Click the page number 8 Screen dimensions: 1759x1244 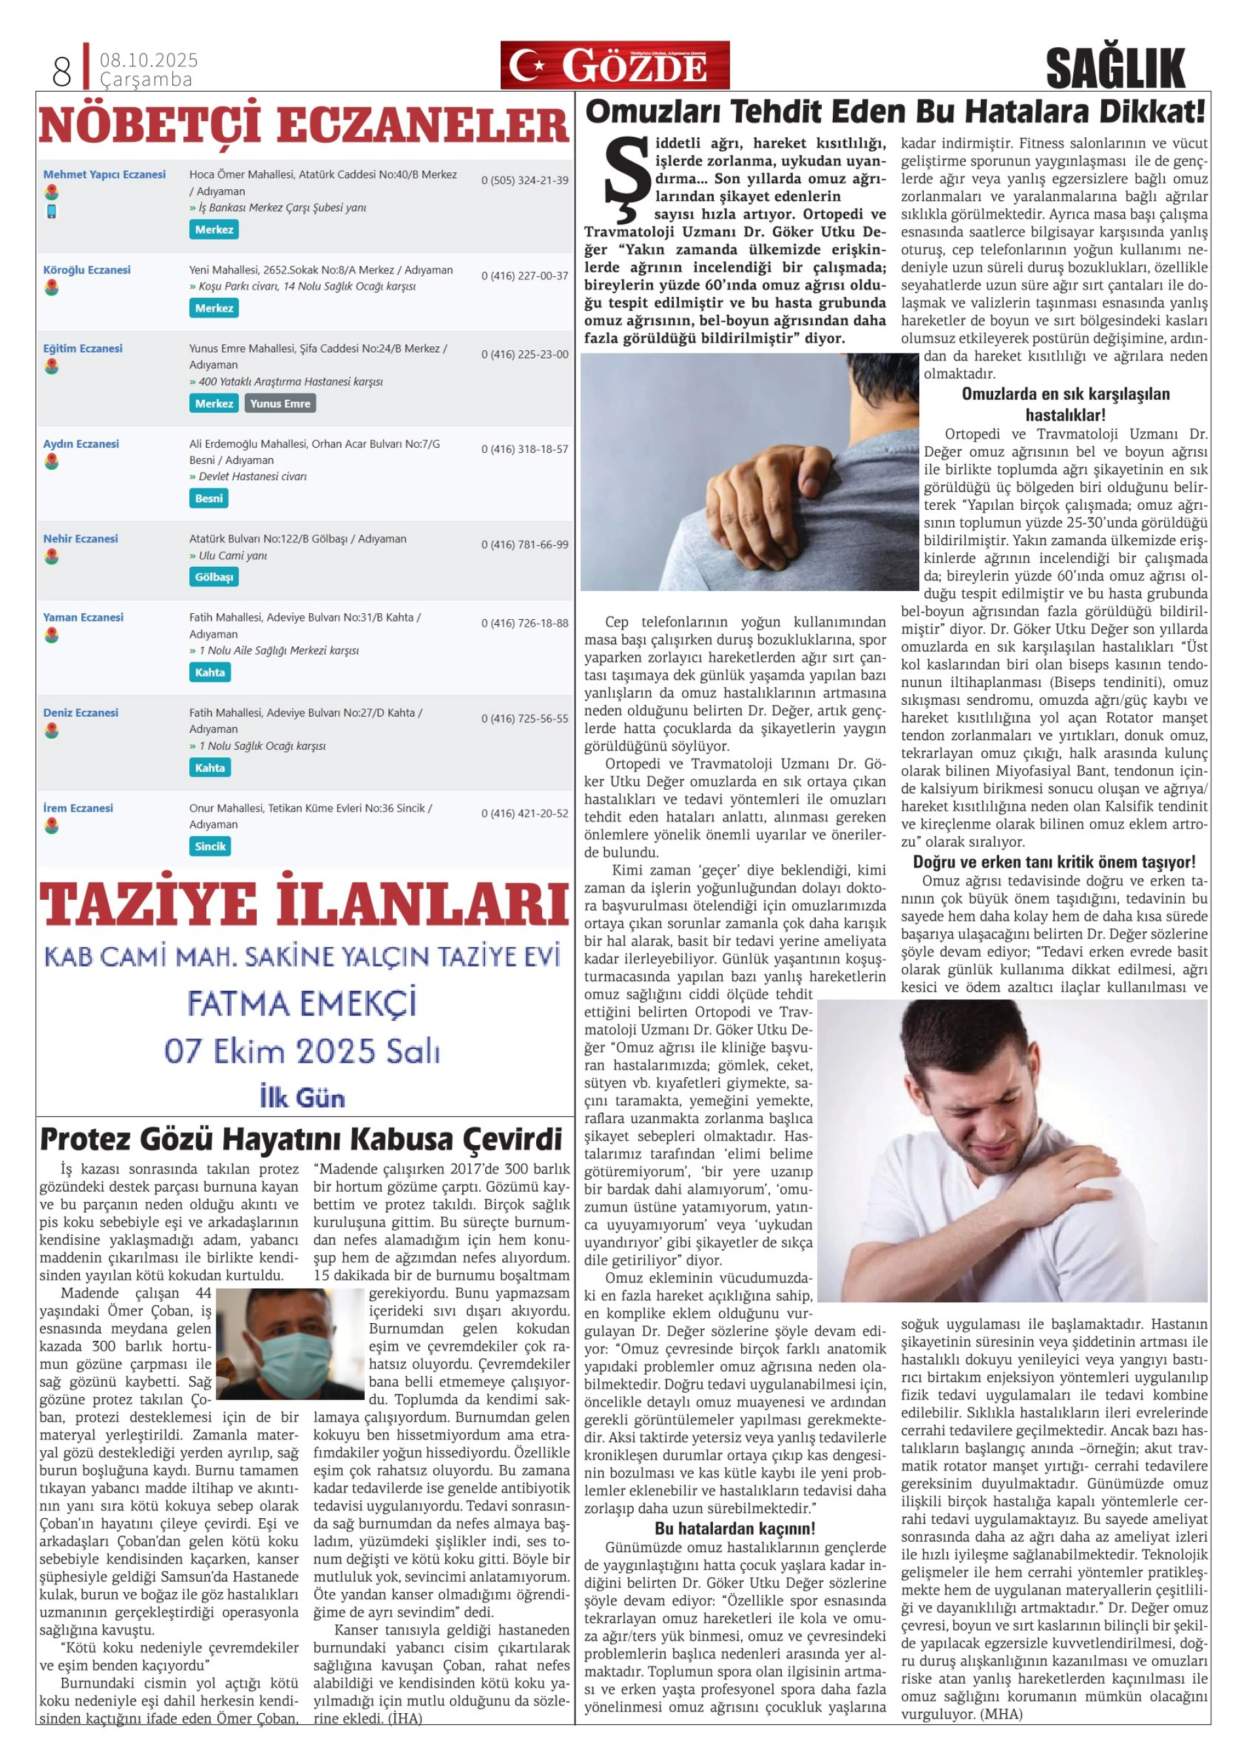[x=62, y=71]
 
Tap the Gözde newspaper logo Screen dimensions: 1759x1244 [x=614, y=65]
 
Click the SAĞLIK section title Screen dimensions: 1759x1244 [x=1114, y=67]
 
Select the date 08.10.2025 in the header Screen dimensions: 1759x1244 [x=149, y=60]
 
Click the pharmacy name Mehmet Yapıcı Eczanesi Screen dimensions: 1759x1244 [x=104, y=175]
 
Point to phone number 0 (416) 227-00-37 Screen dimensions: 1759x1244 [x=524, y=275]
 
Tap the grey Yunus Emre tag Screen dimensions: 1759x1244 [x=280, y=404]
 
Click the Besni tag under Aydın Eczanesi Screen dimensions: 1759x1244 [x=208, y=499]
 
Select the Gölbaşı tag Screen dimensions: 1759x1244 [x=214, y=577]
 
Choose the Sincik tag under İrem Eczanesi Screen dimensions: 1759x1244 [x=210, y=847]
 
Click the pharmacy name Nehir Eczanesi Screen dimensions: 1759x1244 [x=81, y=539]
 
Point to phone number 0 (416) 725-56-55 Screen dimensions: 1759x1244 [x=524, y=719]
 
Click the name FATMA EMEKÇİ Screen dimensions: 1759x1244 [x=302, y=1004]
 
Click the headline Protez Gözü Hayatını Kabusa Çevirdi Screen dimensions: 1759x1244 [x=301, y=1139]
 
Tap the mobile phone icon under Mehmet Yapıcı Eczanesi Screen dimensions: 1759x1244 [x=51, y=211]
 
